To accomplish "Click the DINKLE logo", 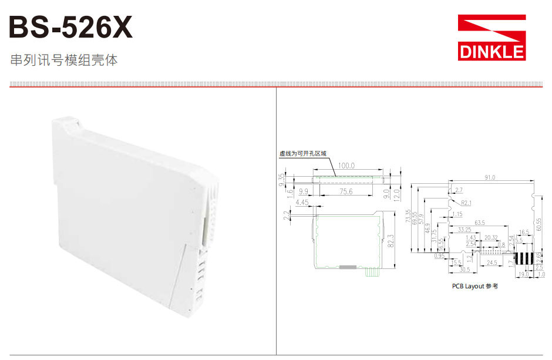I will [492, 38].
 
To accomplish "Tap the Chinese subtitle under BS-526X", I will [64, 60].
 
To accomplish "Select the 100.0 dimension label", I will [346, 166].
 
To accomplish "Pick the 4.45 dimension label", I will [302, 203].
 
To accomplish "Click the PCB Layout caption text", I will [474, 286].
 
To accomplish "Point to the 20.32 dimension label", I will [490, 237].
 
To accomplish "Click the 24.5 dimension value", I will [491, 263].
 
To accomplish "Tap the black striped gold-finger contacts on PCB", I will [526, 258].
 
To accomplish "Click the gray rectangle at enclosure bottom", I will [348, 267].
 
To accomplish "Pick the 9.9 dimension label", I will [304, 192].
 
